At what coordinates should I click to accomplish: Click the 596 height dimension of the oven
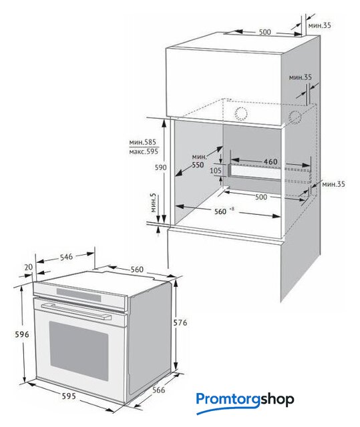21,334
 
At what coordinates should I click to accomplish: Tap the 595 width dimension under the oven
69,396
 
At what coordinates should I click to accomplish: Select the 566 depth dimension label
158,390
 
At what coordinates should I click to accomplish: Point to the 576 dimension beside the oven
180,323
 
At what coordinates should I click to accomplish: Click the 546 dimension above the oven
66,256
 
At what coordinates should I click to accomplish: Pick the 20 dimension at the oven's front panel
29,267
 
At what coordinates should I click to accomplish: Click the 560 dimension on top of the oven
137,270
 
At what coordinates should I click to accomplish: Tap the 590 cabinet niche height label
160,167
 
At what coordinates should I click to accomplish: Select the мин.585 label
142,142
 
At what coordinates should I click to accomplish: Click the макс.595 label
144,151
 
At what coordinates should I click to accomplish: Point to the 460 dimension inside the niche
271,161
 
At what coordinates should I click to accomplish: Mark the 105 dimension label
216,171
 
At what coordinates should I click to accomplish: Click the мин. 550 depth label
198,161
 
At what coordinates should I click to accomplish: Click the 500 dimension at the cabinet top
264,32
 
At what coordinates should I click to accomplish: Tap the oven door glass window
79,352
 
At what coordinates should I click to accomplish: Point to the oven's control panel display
79,294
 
